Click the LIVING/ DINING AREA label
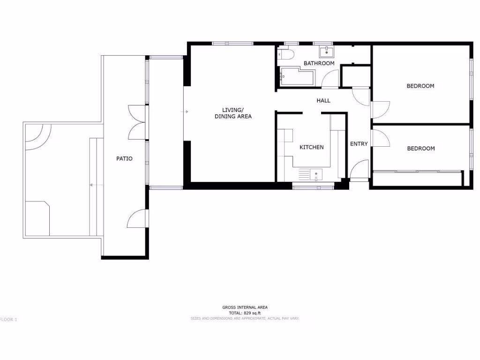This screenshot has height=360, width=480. point(233,113)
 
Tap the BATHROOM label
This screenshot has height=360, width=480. point(319,63)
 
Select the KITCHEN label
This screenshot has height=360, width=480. point(311,147)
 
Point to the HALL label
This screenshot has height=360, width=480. point(323,100)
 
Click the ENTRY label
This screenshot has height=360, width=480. point(359,144)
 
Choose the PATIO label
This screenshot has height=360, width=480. point(124,158)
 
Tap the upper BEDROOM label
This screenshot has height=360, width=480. point(420,86)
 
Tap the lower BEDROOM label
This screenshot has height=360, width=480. point(420,149)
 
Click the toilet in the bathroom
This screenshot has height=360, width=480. point(285,54)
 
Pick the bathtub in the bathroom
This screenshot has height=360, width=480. point(297,76)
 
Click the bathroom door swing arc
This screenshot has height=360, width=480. point(330,79)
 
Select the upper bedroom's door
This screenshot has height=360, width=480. point(380,109)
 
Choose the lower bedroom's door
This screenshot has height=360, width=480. point(380,138)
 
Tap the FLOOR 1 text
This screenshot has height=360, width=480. point(8,320)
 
